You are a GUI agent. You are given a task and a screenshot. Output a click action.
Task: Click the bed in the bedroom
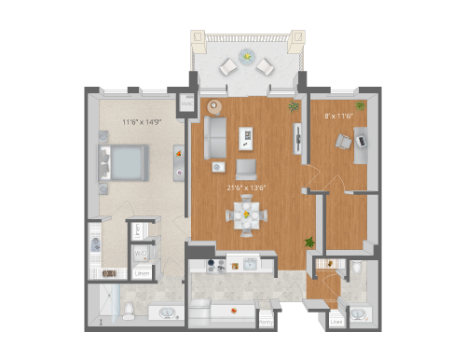pos(123,163)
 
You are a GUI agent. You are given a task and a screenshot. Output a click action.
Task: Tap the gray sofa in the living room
pos(216,137)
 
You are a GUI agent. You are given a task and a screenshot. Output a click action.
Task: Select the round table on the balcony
pos(246,56)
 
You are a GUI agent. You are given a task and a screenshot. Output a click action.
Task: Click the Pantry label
pos(267,323)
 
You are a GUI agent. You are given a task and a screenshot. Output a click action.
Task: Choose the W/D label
pos(140,253)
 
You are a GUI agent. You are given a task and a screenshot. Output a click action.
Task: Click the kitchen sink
pos(249,265)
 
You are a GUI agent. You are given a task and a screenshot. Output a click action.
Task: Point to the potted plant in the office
pos(360,105)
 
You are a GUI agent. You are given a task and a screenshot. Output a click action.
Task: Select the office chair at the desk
pos(341,141)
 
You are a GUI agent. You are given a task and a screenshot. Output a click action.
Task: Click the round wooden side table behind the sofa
pos(213,104)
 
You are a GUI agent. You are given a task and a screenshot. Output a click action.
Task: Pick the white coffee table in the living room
pos(246,137)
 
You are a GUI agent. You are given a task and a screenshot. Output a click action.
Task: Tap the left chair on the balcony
pos(227,65)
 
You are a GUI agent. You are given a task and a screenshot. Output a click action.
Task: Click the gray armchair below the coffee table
pos(246,168)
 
